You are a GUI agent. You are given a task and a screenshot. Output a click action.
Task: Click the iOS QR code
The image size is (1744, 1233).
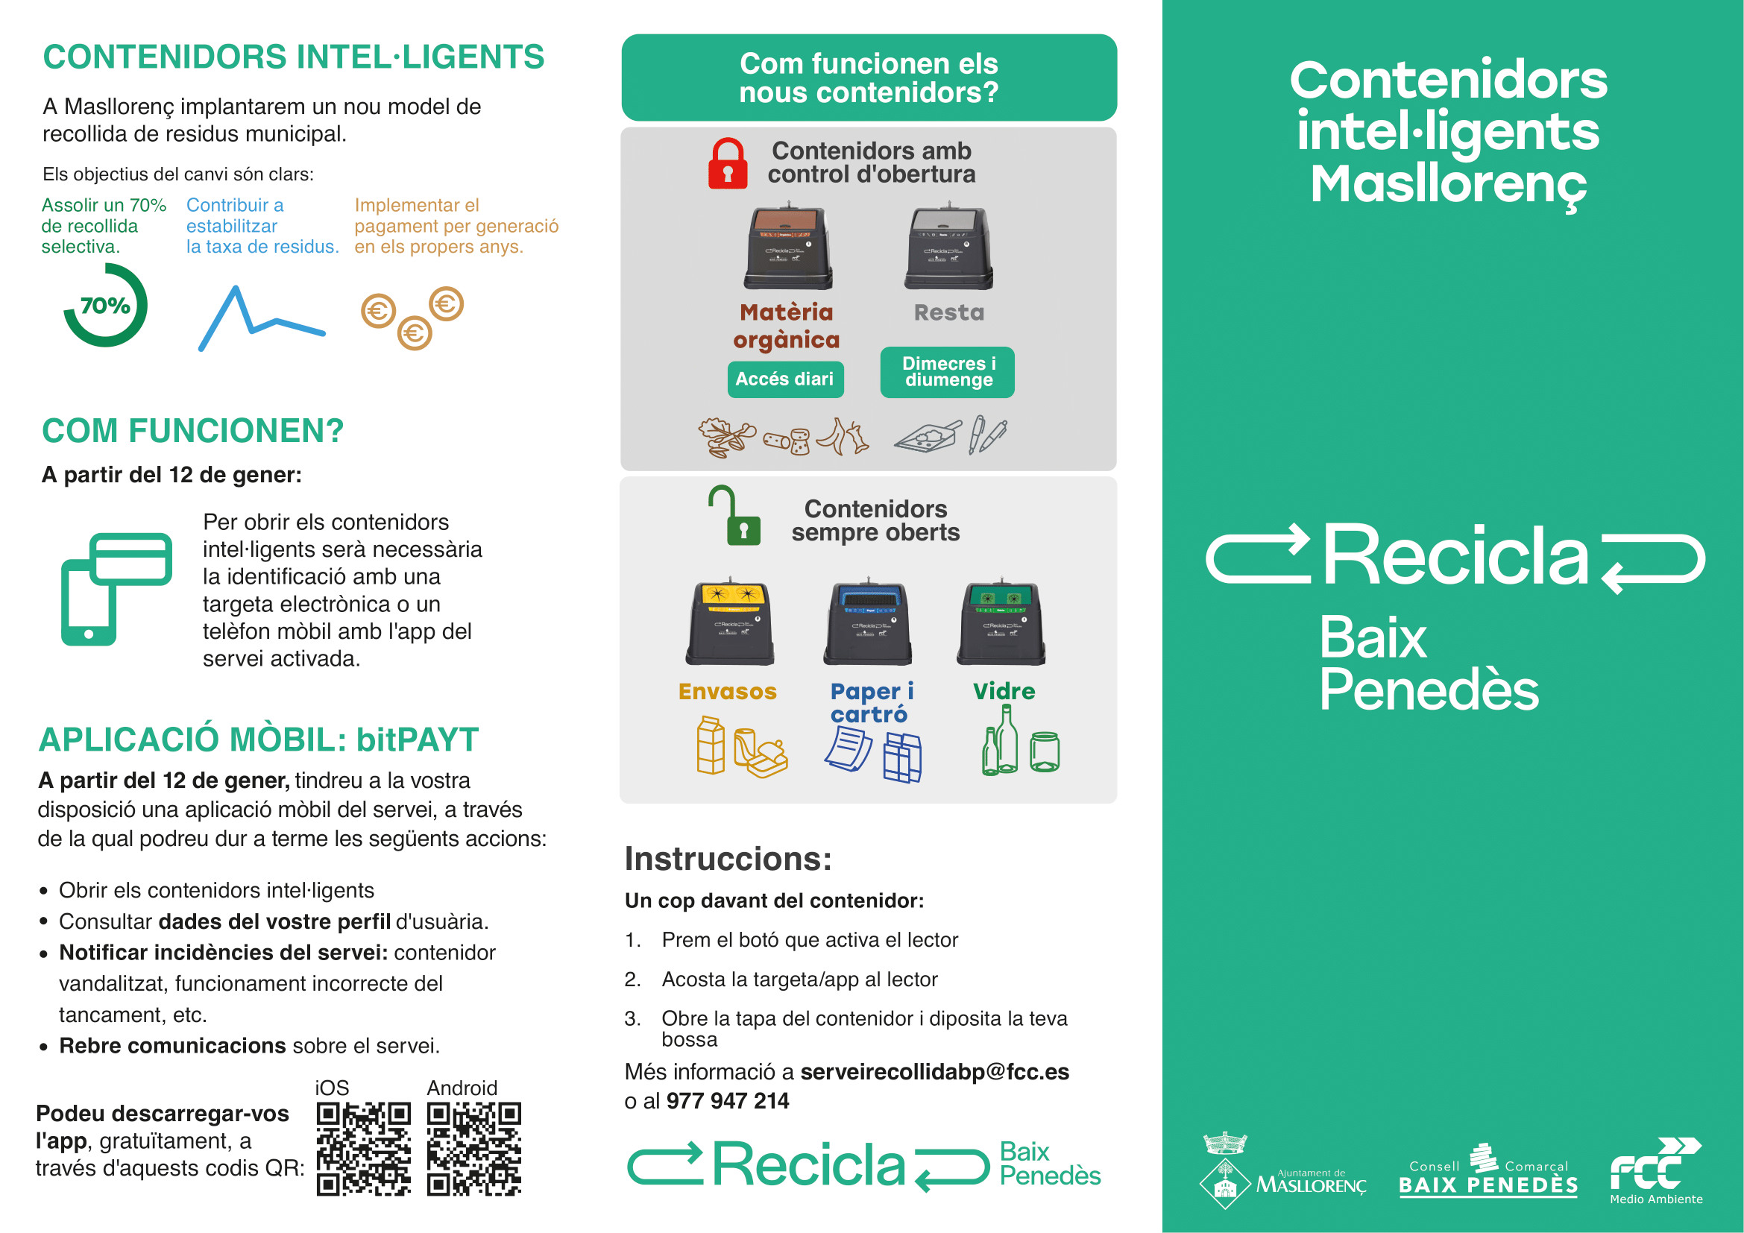[363, 1148]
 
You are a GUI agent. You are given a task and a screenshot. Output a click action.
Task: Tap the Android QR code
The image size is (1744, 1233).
[474, 1148]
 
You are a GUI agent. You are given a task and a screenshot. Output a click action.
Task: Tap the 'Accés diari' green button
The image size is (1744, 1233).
[784, 379]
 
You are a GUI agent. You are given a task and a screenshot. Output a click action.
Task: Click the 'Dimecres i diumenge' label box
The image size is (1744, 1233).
[947, 372]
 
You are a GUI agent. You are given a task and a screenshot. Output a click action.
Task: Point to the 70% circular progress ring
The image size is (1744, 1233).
[105, 305]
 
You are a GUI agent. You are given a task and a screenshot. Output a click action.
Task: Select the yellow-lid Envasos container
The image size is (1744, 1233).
[730, 623]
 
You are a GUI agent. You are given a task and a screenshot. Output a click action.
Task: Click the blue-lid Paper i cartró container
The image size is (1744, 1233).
[866, 623]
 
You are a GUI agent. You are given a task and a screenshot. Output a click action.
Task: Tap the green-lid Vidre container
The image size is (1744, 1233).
[1001, 623]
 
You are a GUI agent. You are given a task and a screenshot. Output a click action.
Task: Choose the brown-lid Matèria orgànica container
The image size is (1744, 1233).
[788, 247]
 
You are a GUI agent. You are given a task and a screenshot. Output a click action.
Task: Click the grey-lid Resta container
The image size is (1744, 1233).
[948, 247]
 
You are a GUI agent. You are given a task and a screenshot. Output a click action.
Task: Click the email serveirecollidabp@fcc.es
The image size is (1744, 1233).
[934, 1071]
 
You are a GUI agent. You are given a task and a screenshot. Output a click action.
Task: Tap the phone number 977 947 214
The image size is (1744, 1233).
[727, 1101]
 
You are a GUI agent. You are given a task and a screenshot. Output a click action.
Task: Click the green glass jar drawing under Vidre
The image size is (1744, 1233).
[1044, 751]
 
